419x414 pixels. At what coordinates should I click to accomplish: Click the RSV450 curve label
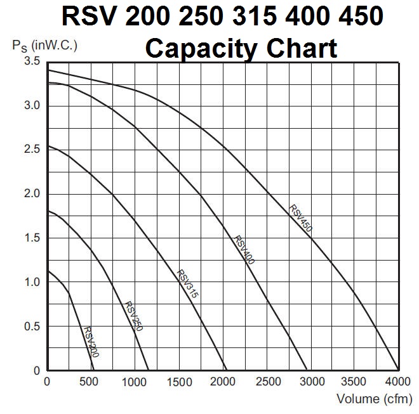301,219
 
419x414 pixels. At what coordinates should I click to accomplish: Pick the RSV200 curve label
91,341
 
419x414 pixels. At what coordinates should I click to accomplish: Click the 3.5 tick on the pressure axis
32,61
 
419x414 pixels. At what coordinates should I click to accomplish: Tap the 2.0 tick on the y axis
32,194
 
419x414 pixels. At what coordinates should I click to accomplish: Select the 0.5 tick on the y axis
32,327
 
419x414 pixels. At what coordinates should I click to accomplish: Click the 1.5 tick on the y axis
32,238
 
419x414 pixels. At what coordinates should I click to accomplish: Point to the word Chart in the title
301,48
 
